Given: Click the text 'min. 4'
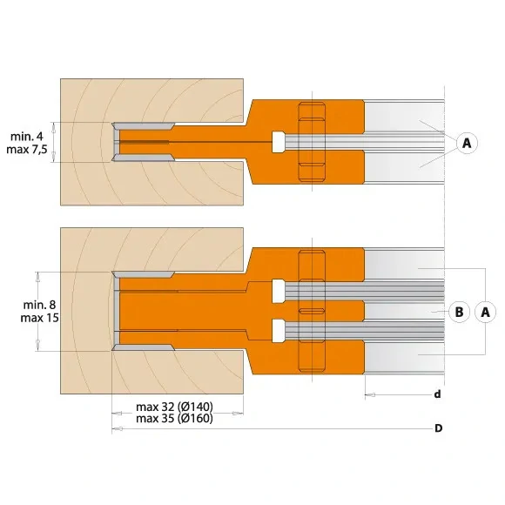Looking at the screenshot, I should pos(29,137).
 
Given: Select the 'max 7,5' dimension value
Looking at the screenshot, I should pos(29,151).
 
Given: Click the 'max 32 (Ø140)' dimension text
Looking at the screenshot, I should pos(175,407).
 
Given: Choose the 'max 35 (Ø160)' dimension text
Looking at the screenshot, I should pos(175,418).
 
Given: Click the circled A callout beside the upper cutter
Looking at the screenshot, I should pos(467,143).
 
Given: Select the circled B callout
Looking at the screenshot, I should pos(455,311).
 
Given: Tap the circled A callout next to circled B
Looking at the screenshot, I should pos(485,311).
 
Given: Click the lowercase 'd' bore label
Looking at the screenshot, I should pos(437,394).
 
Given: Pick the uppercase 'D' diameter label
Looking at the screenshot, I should pos(438,428).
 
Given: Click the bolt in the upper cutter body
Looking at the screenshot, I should pos(311,143).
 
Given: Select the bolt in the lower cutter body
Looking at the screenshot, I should pos(311,311).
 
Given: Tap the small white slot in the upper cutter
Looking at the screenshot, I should pos(278,142).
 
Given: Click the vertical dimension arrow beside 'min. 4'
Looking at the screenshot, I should pos(54,143).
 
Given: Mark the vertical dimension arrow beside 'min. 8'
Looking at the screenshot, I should pos(37,311).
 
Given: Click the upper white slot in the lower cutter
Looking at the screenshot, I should pos(278,291).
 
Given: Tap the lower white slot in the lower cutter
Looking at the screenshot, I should pos(278,331).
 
